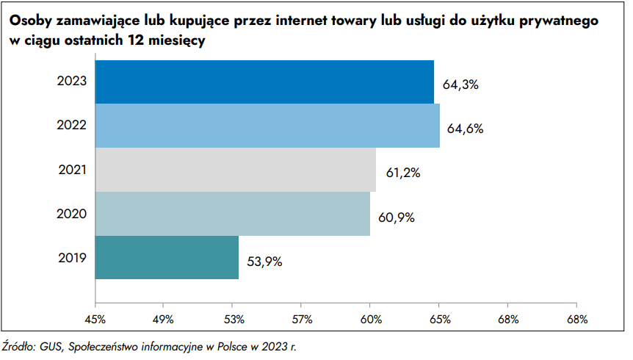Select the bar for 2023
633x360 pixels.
pos(264,82)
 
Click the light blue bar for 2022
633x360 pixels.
pos(267,126)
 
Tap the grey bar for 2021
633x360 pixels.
pos(235,170)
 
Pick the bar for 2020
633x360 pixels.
pos(232,214)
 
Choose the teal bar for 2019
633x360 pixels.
pos(167,258)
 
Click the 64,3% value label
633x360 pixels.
pos(460,84)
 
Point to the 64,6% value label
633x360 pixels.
pos(466,129)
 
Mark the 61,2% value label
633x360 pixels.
pos(402,173)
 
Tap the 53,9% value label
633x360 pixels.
pos(264,261)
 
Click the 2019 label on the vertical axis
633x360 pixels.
pos(72,258)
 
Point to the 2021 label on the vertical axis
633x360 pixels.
pos(72,170)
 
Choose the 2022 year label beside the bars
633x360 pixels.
pos(72,126)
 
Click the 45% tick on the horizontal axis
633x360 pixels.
pos(95,319)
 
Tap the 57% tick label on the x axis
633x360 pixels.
pos(302,319)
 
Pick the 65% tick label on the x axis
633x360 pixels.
pos(439,319)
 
